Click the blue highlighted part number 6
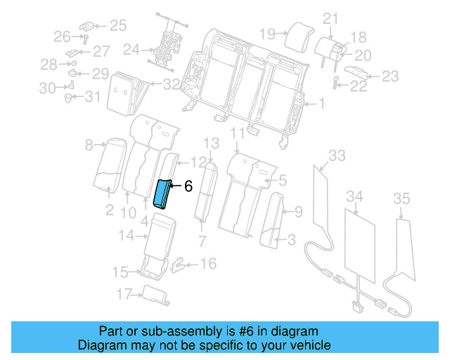[x=163, y=193]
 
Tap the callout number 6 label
[x=188, y=186]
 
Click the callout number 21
[x=330, y=18]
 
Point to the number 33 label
[x=337, y=155]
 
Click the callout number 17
[x=124, y=292]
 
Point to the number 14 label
[x=126, y=236]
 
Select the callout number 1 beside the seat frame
[x=321, y=104]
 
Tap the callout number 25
[x=117, y=26]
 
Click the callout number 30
[x=46, y=88]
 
